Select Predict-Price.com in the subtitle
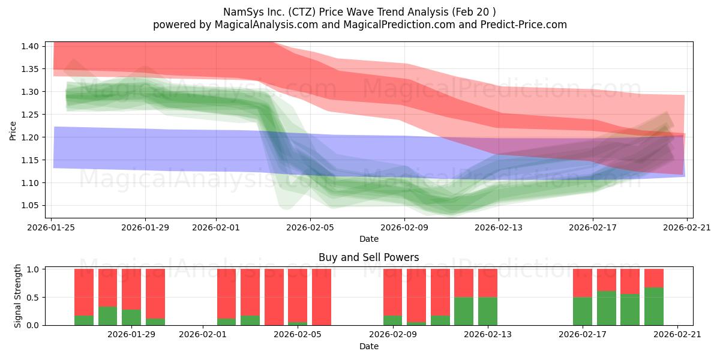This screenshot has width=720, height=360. point(524,25)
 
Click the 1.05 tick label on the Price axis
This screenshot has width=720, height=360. point(30,206)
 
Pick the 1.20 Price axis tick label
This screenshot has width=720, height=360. point(30,137)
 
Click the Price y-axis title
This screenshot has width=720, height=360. point(13,131)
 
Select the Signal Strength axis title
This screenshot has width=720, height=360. point(17,296)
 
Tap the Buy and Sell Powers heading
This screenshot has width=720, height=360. point(368,257)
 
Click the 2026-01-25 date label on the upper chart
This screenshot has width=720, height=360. point(51,228)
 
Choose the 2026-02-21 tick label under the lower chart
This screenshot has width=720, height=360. point(677,335)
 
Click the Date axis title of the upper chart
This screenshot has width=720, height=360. point(368,239)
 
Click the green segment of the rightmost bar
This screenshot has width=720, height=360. point(654,307)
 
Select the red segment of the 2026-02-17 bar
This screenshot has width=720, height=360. point(583,283)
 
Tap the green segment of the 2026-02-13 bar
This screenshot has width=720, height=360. point(488,311)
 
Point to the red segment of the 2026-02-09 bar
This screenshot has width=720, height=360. point(392,293)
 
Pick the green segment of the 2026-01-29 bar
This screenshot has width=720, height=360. point(131,317)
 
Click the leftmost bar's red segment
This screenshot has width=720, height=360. point(84,293)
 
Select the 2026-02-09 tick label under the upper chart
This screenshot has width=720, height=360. point(404,228)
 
